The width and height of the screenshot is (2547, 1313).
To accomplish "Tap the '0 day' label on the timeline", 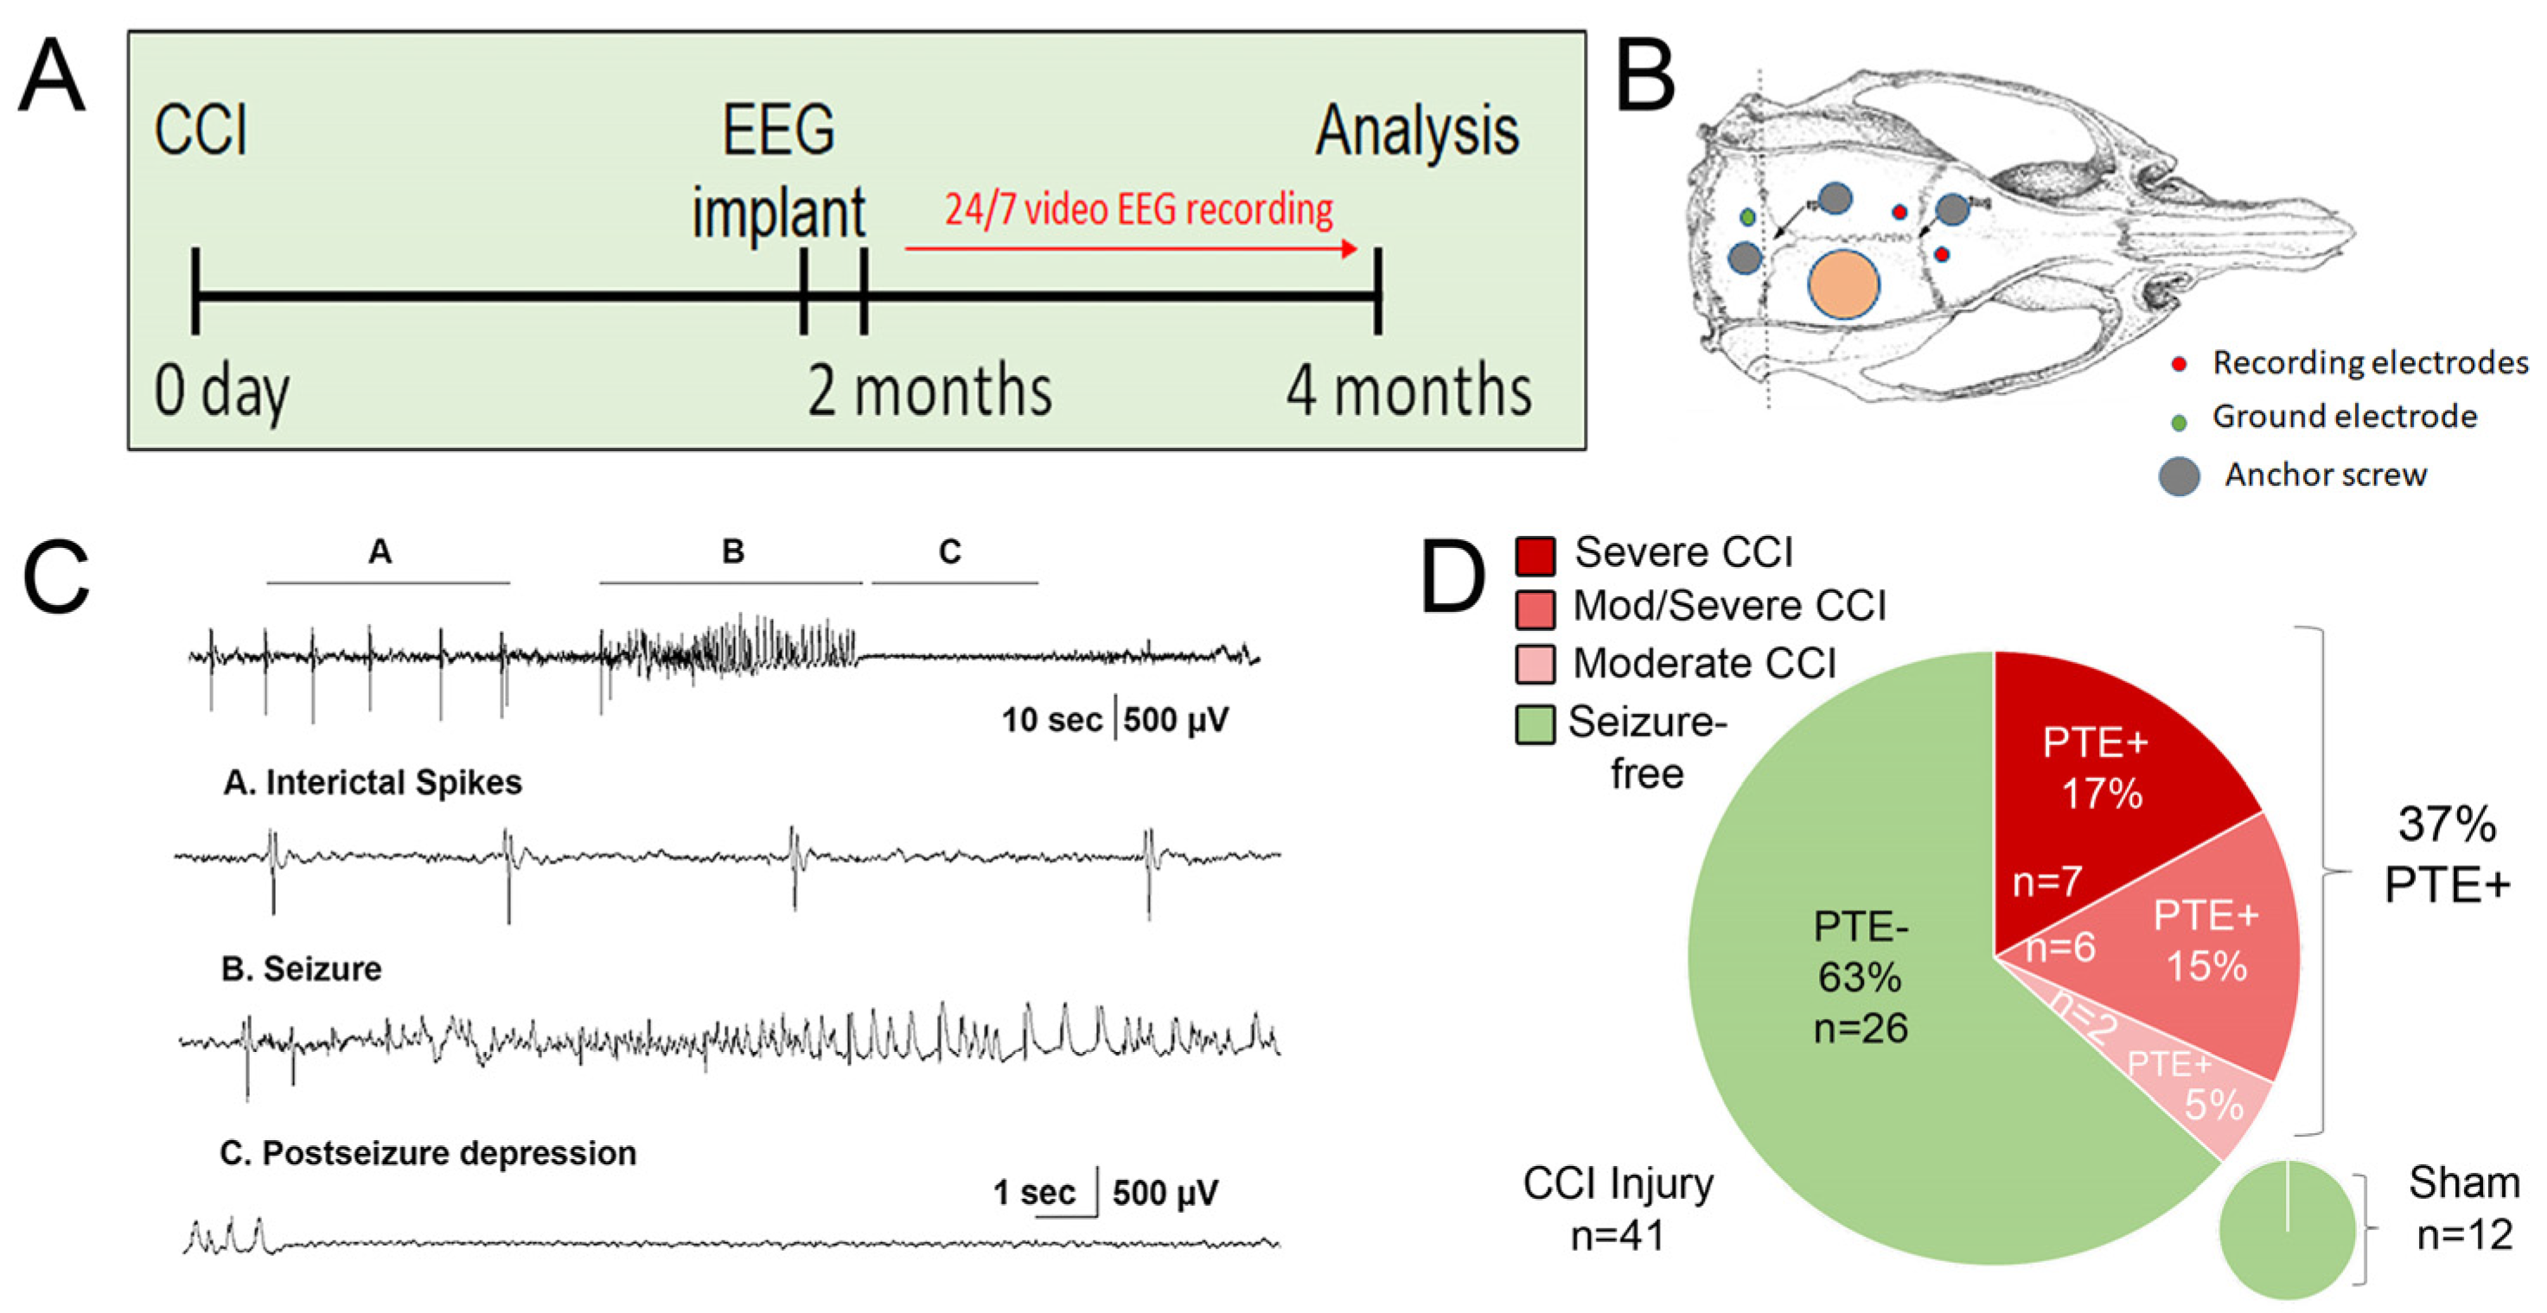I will (x=221, y=392).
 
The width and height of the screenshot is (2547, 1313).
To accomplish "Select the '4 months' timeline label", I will (x=1408, y=392).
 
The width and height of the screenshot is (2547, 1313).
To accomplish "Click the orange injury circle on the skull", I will (x=1843, y=284).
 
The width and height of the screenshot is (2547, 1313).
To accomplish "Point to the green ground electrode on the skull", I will (x=1748, y=216).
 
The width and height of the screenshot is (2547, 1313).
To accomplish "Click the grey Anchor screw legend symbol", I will (x=2180, y=476).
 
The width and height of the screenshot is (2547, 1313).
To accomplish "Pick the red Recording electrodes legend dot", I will (x=2178, y=364).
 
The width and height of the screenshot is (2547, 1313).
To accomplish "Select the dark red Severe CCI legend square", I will (x=1535, y=555).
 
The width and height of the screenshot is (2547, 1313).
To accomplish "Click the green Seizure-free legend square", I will (x=1535, y=724).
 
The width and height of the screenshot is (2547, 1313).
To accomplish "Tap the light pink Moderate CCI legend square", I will (x=1535, y=665).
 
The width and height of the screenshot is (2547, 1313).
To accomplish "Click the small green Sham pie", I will (x=2287, y=1230).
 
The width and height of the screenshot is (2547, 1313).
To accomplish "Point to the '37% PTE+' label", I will (x=2446, y=853).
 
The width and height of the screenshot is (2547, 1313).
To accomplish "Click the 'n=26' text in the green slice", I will (x=1860, y=1029).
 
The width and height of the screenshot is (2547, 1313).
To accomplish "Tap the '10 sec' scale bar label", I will (x=1051, y=720).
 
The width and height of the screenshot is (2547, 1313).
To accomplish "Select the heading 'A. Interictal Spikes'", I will (x=373, y=782).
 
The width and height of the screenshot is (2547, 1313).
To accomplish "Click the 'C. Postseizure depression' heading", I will (x=428, y=1153).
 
